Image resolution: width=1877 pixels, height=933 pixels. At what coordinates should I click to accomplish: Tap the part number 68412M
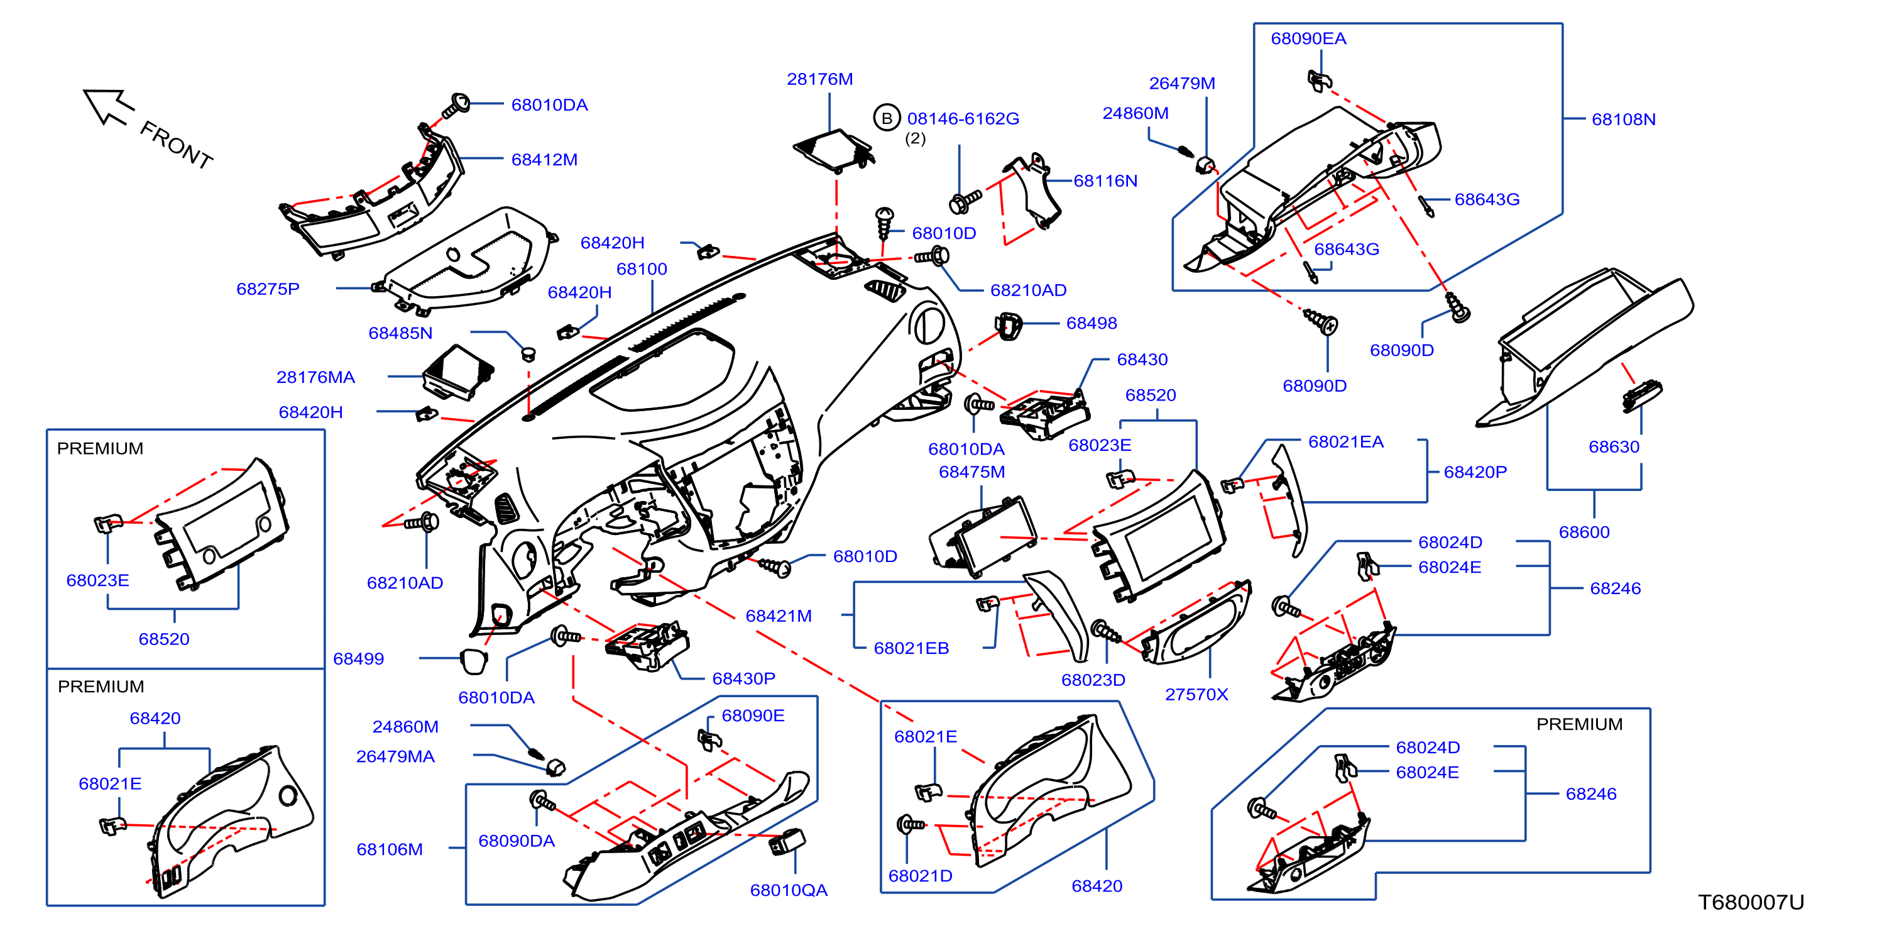click(x=544, y=160)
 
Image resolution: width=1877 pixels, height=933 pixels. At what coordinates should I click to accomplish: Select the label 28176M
click(x=819, y=79)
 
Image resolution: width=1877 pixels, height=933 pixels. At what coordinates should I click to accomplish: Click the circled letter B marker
click(x=887, y=118)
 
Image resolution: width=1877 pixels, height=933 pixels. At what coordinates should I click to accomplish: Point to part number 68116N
click(x=1105, y=181)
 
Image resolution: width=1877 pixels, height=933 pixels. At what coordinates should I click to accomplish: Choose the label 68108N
click(x=1623, y=119)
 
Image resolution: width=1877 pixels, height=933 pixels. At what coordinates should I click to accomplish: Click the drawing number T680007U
click(x=1751, y=902)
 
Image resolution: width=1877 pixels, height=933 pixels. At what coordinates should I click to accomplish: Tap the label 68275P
click(x=268, y=289)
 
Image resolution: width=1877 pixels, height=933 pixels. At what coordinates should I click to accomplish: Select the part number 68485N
click(x=401, y=333)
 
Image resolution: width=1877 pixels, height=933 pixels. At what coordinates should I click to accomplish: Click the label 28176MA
click(x=315, y=377)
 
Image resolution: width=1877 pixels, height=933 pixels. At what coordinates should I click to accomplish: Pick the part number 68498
click(x=1092, y=323)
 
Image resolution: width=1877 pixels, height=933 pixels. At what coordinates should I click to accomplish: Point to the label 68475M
click(x=972, y=472)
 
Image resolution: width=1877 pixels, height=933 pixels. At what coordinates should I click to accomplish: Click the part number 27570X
click(x=1196, y=694)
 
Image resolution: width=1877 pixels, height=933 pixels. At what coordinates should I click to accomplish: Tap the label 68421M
click(x=778, y=616)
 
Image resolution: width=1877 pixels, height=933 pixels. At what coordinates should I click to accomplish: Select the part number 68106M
click(x=390, y=849)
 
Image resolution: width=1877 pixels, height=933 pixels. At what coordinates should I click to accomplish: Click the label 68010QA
click(x=789, y=890)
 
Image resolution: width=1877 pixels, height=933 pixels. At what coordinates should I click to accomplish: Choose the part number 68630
click(x=1614, y=447)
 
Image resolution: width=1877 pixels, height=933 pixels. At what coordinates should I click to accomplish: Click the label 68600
click(x=1584, y=532)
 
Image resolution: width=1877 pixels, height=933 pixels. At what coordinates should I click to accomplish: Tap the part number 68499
click(x=358, y=658)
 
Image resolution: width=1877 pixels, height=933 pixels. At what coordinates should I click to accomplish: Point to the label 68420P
click(x=1475, y=472)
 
